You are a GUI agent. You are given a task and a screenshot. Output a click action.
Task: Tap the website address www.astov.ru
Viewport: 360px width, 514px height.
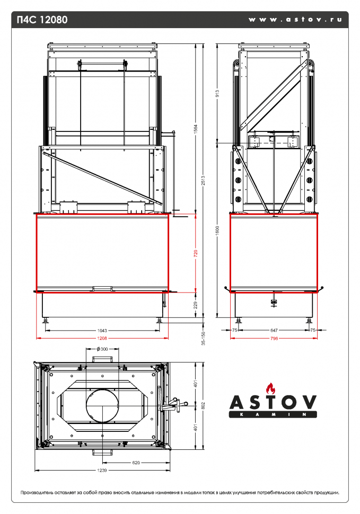point(295,20)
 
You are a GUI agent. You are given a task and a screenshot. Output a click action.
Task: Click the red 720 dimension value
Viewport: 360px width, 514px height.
point(196,253)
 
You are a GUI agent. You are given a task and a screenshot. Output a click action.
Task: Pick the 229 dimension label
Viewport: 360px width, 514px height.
point(196,305)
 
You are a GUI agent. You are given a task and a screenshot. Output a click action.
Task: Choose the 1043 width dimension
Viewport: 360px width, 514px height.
point(102,330)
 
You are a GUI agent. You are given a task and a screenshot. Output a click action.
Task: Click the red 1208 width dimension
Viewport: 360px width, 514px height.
point(102,338)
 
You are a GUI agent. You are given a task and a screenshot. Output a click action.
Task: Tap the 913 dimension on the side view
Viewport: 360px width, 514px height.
point(218,94)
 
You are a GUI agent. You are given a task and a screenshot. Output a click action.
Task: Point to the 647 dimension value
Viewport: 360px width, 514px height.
point(274,330)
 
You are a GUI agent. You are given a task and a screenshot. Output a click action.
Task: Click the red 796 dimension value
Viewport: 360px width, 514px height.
point(274,338)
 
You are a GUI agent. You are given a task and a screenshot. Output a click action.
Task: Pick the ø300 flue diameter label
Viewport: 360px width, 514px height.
point(102,349)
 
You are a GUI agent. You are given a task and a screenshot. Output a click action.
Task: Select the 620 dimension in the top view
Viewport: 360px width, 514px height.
point(136,463)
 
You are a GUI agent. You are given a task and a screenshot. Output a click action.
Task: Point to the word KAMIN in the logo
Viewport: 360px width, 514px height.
point(273,414)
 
